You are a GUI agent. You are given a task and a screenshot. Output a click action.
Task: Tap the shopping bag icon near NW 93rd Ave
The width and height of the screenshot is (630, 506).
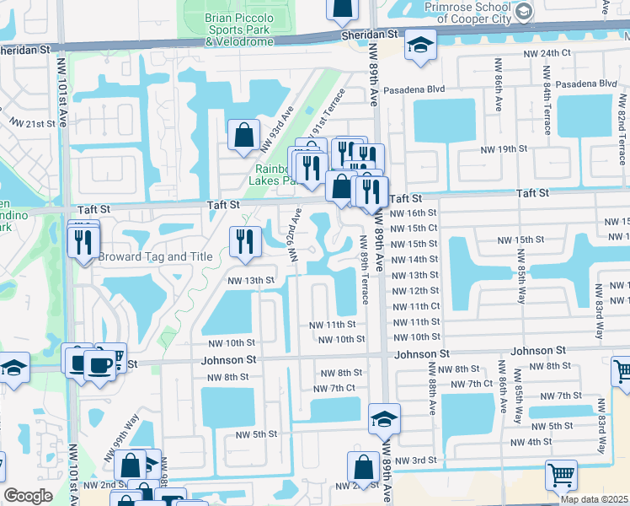[x=243, y=134]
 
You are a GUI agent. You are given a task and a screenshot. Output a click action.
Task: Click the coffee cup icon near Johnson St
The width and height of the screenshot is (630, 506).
[x=100, y=365]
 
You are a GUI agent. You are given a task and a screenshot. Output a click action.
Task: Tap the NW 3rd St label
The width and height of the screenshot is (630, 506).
[x=416, y=460]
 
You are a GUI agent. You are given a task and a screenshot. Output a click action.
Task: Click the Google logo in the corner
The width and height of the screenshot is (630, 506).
[x=28, y=496]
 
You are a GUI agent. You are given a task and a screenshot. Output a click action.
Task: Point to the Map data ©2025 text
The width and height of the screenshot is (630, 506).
[x=594, y=499]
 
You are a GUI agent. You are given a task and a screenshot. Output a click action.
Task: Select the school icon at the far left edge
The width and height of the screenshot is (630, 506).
[x=12, y=368]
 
